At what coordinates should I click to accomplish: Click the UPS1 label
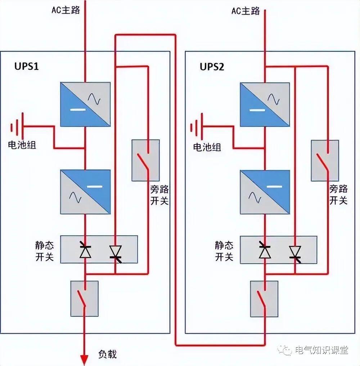pyautogui.click(x=26, y=67)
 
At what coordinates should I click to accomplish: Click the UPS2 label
pyautogui.click(x=212, y=67)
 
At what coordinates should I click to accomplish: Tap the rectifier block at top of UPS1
pyautogui.click(x=85, y=104)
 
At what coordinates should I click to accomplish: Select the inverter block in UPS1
pyautogui.click(x=85, y=192)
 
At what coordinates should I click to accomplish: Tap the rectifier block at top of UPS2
pyautogui.click(x=265, y=104)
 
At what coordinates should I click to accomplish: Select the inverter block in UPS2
pyautogui.click(x=265, y=192)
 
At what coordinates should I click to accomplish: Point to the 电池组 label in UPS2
pyautogui.click(x=207, y=147)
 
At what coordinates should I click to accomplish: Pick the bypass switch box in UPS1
pyautogui.click(x=145, y=160)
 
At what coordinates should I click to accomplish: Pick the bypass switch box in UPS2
pyautogui.click(x=325, y=160)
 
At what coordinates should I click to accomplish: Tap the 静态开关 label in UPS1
pyautogui.click(x=44, y=251)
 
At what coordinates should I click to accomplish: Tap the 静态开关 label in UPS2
pyautogui.click(x=224, y=251)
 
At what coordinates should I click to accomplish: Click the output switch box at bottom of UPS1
pyautogui.click(x=85, y=299)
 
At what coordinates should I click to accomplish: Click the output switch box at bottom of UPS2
pyautogui.click(x=264, y=299)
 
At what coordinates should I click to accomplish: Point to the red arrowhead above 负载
pyautogui.click(x=84, y=359)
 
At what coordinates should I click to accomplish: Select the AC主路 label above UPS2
pyautogui.click(x=245, y=11)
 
